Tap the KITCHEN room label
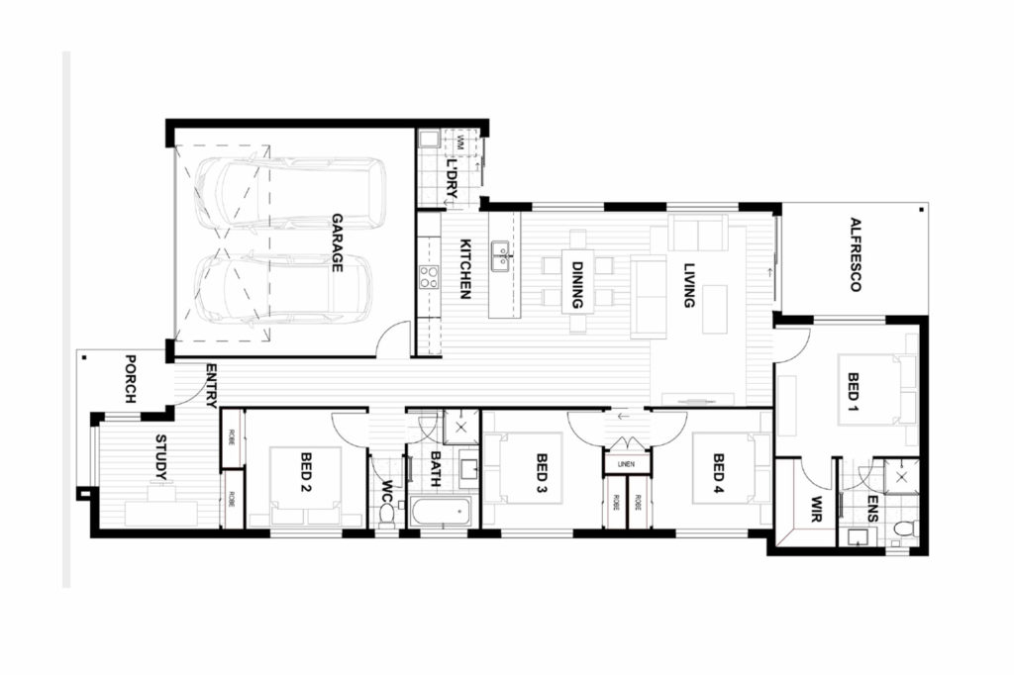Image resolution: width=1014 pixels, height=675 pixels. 462,269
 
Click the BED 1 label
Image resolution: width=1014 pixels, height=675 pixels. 855,392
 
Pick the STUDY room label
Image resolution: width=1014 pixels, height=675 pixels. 161,456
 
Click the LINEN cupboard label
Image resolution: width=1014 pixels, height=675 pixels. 627,463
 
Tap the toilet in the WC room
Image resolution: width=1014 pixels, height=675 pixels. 386,515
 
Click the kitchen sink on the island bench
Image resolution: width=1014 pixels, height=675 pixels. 502,256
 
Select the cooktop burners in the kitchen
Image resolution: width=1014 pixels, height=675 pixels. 429,277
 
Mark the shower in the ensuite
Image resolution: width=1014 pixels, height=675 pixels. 901,476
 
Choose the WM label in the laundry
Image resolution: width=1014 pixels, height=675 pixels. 460,145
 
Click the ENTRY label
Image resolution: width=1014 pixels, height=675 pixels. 211,385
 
